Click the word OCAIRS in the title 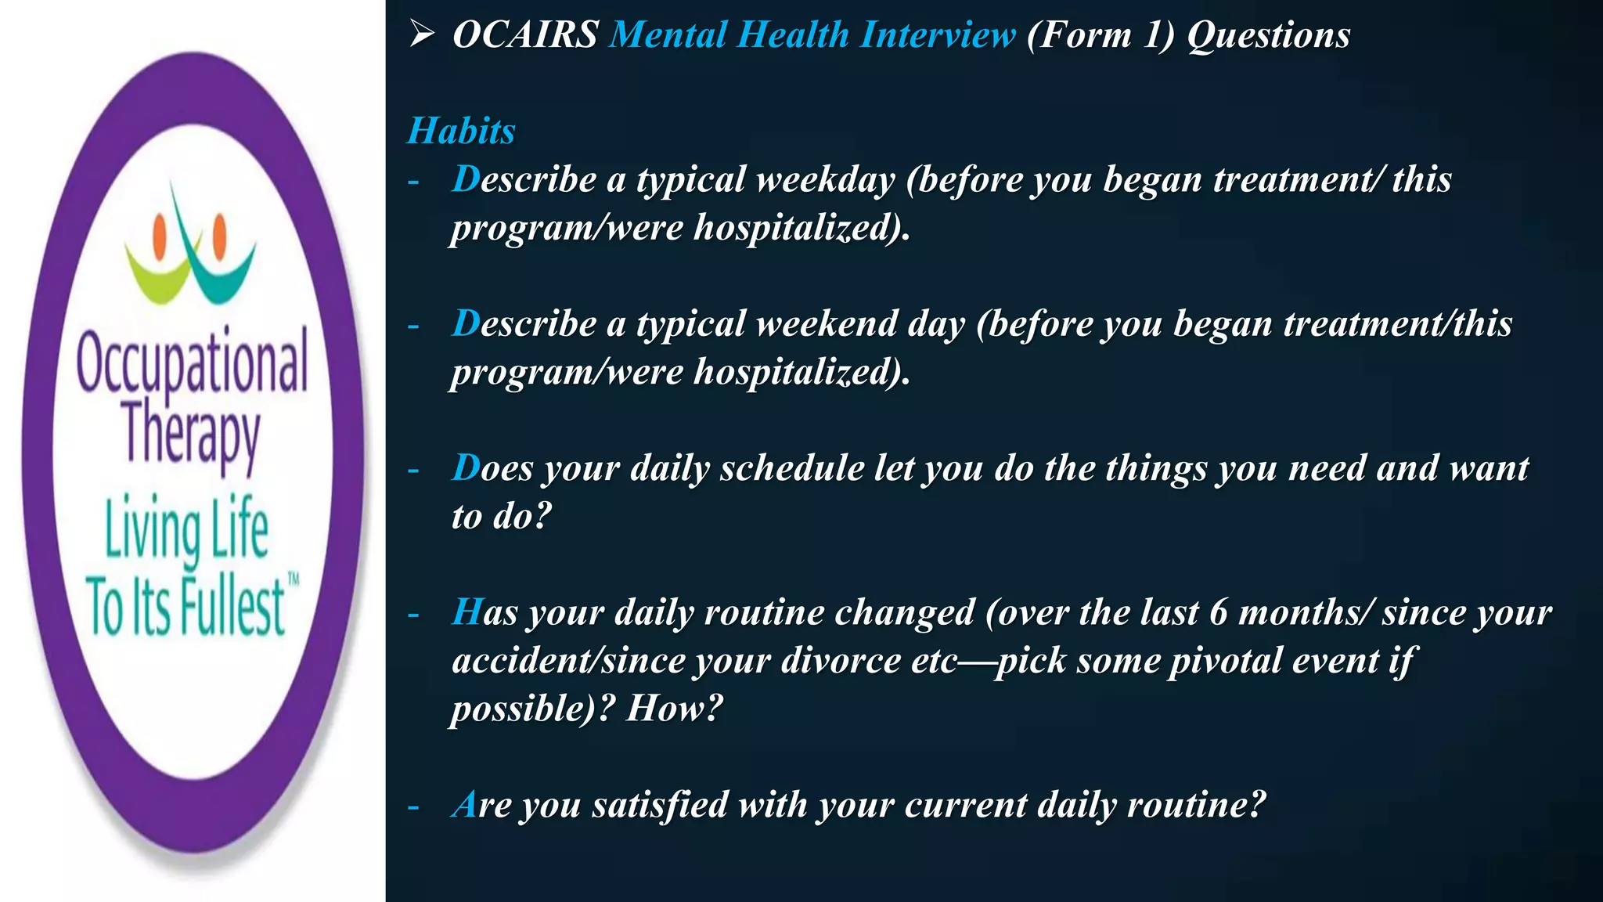pyautogui.click(x=525, y=35)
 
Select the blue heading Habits pyautogui.click(x=461, y=131)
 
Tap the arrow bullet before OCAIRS pyautogui.click(x=422, y=34)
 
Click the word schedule pyautogui.click(x=791, y=468)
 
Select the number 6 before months pyautogui.click(x=1218, y=612)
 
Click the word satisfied pyautogui.click(x=660, y=805)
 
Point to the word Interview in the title pyautogui.click(x=937, y=35)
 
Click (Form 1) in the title pyautogui.click(x=1100, y=35)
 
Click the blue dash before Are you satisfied pyautogui.click(x=413, y=806)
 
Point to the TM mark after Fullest pyautogui.click(x=294, y=580)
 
